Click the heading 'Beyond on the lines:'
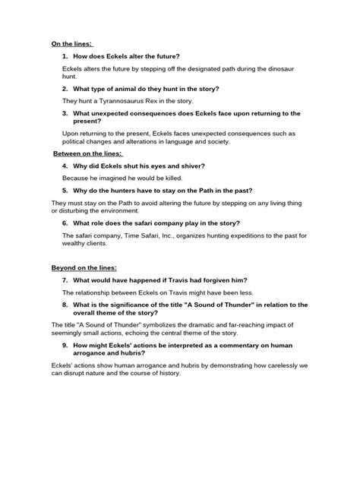tap(84, 267)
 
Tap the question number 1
tap(65, 56)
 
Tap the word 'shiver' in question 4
tap(190, 166)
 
